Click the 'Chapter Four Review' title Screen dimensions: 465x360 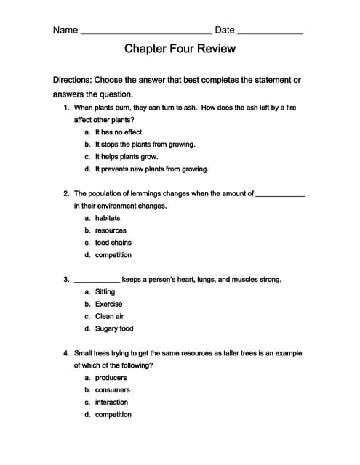click(180, 49)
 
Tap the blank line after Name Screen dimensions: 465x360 click(145, 33)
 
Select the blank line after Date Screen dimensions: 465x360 click(270, 33)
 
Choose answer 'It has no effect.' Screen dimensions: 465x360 click(119, 132)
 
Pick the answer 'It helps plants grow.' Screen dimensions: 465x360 click(126, 156)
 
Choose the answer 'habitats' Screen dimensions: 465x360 click(108, 218)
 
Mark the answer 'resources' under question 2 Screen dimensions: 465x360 click(111, 230)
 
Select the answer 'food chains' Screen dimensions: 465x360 click(113, 243)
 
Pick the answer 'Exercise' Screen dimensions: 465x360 click(108, 304)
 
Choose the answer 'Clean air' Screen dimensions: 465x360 click(109, 316)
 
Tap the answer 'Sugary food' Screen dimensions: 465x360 click(114, 328)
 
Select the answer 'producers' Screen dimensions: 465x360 click(111, 378)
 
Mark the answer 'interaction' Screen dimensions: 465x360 click(111, 402)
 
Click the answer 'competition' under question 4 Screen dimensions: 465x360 click(113, 414)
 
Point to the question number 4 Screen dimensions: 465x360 click(66, 353)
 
